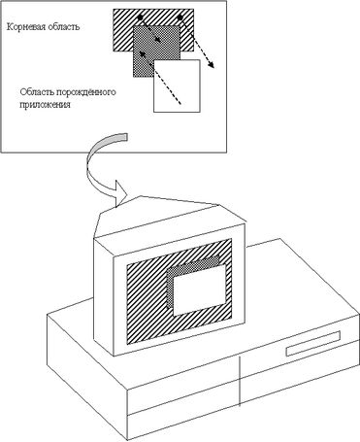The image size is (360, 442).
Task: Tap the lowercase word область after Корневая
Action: [64, 26]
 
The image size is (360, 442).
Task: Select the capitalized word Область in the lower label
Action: [37, 92]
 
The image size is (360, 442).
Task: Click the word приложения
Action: [45, 105]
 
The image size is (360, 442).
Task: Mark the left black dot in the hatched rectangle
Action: [140, 17]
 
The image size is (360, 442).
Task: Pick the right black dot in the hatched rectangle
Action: [180, 17]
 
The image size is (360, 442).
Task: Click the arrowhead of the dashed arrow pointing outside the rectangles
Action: [212, 65]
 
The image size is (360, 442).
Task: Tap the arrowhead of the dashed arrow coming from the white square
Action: [142, 53]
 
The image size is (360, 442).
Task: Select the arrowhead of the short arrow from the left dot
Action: [158, 39]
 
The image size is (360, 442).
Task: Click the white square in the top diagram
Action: [177, 85]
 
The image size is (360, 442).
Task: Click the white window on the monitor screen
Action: [199, 290]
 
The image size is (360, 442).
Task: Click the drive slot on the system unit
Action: [313, 344]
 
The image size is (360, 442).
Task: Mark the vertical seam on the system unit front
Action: [240, 381]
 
